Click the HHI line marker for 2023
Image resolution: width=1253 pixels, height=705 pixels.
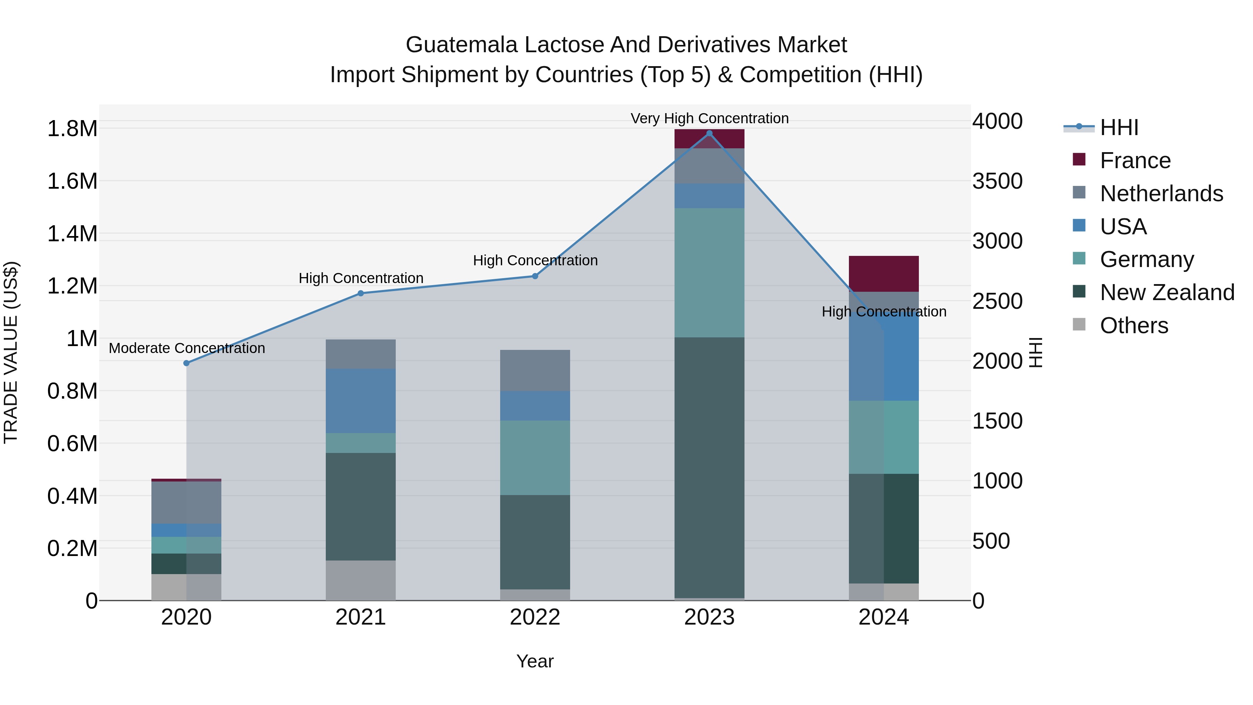click(709, 133)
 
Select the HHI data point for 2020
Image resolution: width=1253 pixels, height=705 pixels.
click(186, 363)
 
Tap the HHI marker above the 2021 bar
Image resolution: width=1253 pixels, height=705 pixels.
click(361, 293)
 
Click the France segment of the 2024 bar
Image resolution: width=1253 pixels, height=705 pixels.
click(883, 273)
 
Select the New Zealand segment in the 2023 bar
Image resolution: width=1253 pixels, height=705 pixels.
click(709, 467)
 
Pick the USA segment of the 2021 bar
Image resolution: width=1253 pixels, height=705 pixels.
click(361, 401)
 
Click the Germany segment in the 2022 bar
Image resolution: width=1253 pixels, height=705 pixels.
click(535, 457)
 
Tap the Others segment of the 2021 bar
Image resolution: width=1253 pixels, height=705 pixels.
click(361, 580)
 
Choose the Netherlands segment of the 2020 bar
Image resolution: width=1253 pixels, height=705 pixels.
click(186, 502)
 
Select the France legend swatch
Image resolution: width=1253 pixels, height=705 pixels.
click(1079, 159)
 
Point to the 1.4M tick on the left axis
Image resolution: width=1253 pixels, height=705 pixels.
click(72, 234)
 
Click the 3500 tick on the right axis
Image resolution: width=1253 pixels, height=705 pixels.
click(997, 181)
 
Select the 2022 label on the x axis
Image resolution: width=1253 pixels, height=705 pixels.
click(535, 617)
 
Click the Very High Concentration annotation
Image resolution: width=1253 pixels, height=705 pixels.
click(709, 118)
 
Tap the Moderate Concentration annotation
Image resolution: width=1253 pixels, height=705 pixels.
click(187, 348)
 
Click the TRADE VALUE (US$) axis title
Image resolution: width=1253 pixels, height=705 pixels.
click(11, 352)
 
